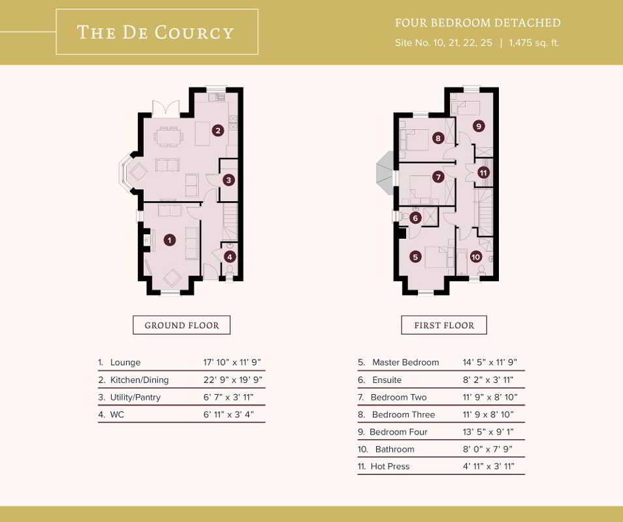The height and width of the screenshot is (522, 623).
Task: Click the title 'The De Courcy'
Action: tap(155, 32)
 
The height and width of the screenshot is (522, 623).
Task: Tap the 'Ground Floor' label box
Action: tap(182, 325)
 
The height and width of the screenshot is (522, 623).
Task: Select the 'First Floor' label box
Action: tap(444, 325)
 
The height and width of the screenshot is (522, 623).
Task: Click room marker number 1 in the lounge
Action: tap(170, 239)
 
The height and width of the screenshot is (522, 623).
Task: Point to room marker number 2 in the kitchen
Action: tap(217, 130)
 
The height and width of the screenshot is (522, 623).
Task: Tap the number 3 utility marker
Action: tap(229, 180)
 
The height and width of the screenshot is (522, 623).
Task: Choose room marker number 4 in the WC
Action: tap(230, 257)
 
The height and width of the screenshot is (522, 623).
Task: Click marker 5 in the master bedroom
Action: tap(415, 257)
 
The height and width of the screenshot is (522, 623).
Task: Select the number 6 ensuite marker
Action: tap(415, 218)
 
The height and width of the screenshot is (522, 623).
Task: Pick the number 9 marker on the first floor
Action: tap(479, 126)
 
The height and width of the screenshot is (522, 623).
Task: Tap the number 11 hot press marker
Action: tap(483, 173)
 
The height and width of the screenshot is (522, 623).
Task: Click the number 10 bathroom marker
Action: tap(475, 257)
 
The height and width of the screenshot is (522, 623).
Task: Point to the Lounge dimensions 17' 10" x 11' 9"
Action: tap(232, 362)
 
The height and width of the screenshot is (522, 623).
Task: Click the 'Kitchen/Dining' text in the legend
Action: tap(140, 380)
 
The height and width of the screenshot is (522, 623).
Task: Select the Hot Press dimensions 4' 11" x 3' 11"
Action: tap(488, 467)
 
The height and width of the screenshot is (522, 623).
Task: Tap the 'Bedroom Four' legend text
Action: tap(398, 432)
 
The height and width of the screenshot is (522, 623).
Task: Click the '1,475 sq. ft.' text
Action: tap(534, 43)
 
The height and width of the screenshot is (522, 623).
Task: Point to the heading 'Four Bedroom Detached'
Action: tap(477, 23)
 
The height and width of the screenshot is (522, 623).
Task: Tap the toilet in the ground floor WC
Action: tap(230, 270)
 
